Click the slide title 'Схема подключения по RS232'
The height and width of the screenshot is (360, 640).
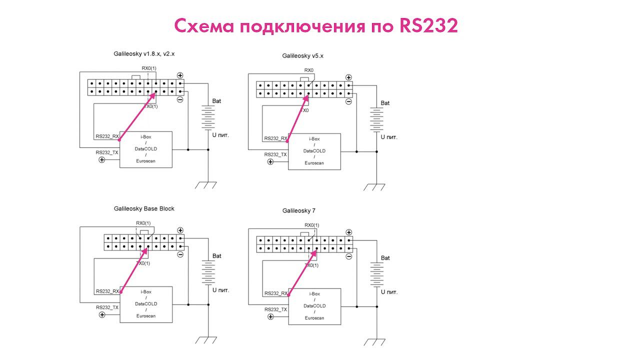pyautogui.click(x=316, y=26)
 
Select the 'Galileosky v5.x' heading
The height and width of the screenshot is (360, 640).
pyautogui.click(x=302, y=56)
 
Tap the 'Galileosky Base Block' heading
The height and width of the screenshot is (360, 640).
pyautogui.click(x=144, y=208)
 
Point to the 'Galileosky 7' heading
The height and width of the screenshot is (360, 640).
pyautogui.click(x=298, y=211)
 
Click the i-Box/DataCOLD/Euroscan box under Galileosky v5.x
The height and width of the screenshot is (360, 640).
pyautogui.click(x=314, y=150)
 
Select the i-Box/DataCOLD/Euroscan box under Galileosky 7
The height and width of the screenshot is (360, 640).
pyautogui.click(x=314, y=305)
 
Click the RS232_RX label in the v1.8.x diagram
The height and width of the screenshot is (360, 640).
pyautogui.click(x=107, y=136)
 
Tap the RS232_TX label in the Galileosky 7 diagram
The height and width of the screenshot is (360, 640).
pyautogui.click(x=275, y=309)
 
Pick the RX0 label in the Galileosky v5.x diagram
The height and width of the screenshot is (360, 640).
pyautogui.click(x=309, y=70)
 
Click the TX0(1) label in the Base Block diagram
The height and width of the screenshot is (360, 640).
pyautogui.click(x=143, y=263)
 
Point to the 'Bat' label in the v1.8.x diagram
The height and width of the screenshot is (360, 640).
pyautogui.click(x=216, y=101)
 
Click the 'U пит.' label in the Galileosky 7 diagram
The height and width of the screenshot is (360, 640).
pyautogui.click(x=388, y=292)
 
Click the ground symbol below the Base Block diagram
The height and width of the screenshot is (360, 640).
pyautogui.click(x=206, y=340)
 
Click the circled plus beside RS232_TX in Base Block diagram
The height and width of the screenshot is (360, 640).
pyautogui.click(x=102, y=315)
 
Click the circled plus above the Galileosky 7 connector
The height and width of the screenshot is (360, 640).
pyautogui.click(x=348, y=232)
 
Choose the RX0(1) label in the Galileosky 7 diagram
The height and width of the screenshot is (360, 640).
pyautogui.click(x=311, y=225)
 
